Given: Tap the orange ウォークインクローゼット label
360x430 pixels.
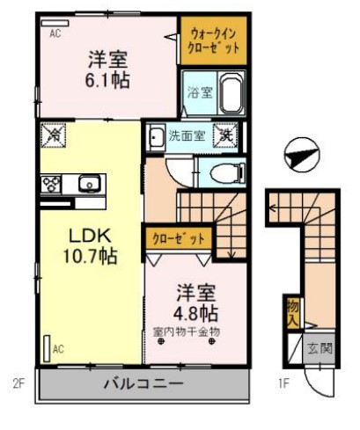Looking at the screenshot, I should [214, 40].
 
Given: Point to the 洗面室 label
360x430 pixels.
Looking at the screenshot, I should [186, 135].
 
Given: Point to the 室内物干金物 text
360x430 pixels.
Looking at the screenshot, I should [186, 331].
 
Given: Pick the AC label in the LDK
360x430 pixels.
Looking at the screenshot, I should [58, 348].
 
